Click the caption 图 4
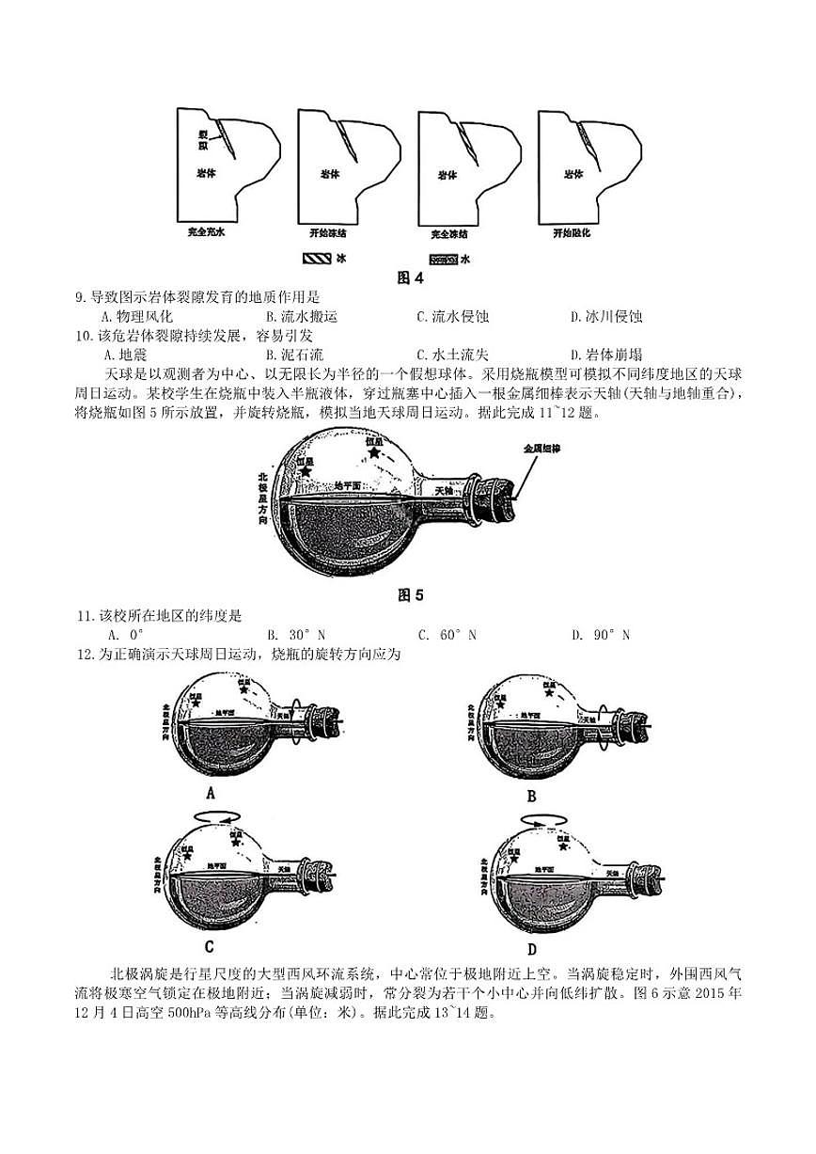[411, 277]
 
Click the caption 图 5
[411, 594]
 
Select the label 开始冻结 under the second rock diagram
[328, 232]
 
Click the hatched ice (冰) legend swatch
[317, 258]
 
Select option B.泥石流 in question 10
[294, 355]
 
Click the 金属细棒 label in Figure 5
[542, 449]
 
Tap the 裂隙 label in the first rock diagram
[202, 140]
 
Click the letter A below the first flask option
[211, 793]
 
